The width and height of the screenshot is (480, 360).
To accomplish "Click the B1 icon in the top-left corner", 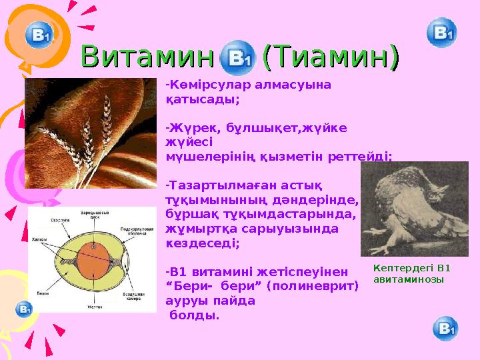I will tap(39, 35).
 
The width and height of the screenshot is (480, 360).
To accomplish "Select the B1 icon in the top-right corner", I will tap(441, 33).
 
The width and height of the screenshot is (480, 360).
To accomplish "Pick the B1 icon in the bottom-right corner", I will tap(445, 328).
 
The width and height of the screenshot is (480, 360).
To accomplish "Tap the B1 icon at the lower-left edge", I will tap(24, 309).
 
